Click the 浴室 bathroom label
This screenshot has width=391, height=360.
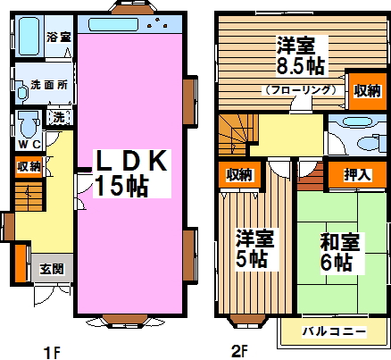pyautogui.click(x=59, y=38)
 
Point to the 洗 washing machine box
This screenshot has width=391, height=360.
pyautogui.click(x=57, y=117)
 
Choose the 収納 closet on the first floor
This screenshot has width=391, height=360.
pyautogui.click(x=28, y=166)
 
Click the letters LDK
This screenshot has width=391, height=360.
pyautogui.click(x=132, y=160)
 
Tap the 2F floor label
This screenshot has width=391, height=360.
pyautogui.click(x=238, y=350)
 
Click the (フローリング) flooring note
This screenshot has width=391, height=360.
pyautogui.click(x=299, y=90)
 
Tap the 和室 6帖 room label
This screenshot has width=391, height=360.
pyautogui.click(x=337, y=252)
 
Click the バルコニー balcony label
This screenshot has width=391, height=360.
pyautogui.click(x=332, y=332)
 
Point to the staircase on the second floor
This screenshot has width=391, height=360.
pyautogui.click(x=238, y=134)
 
